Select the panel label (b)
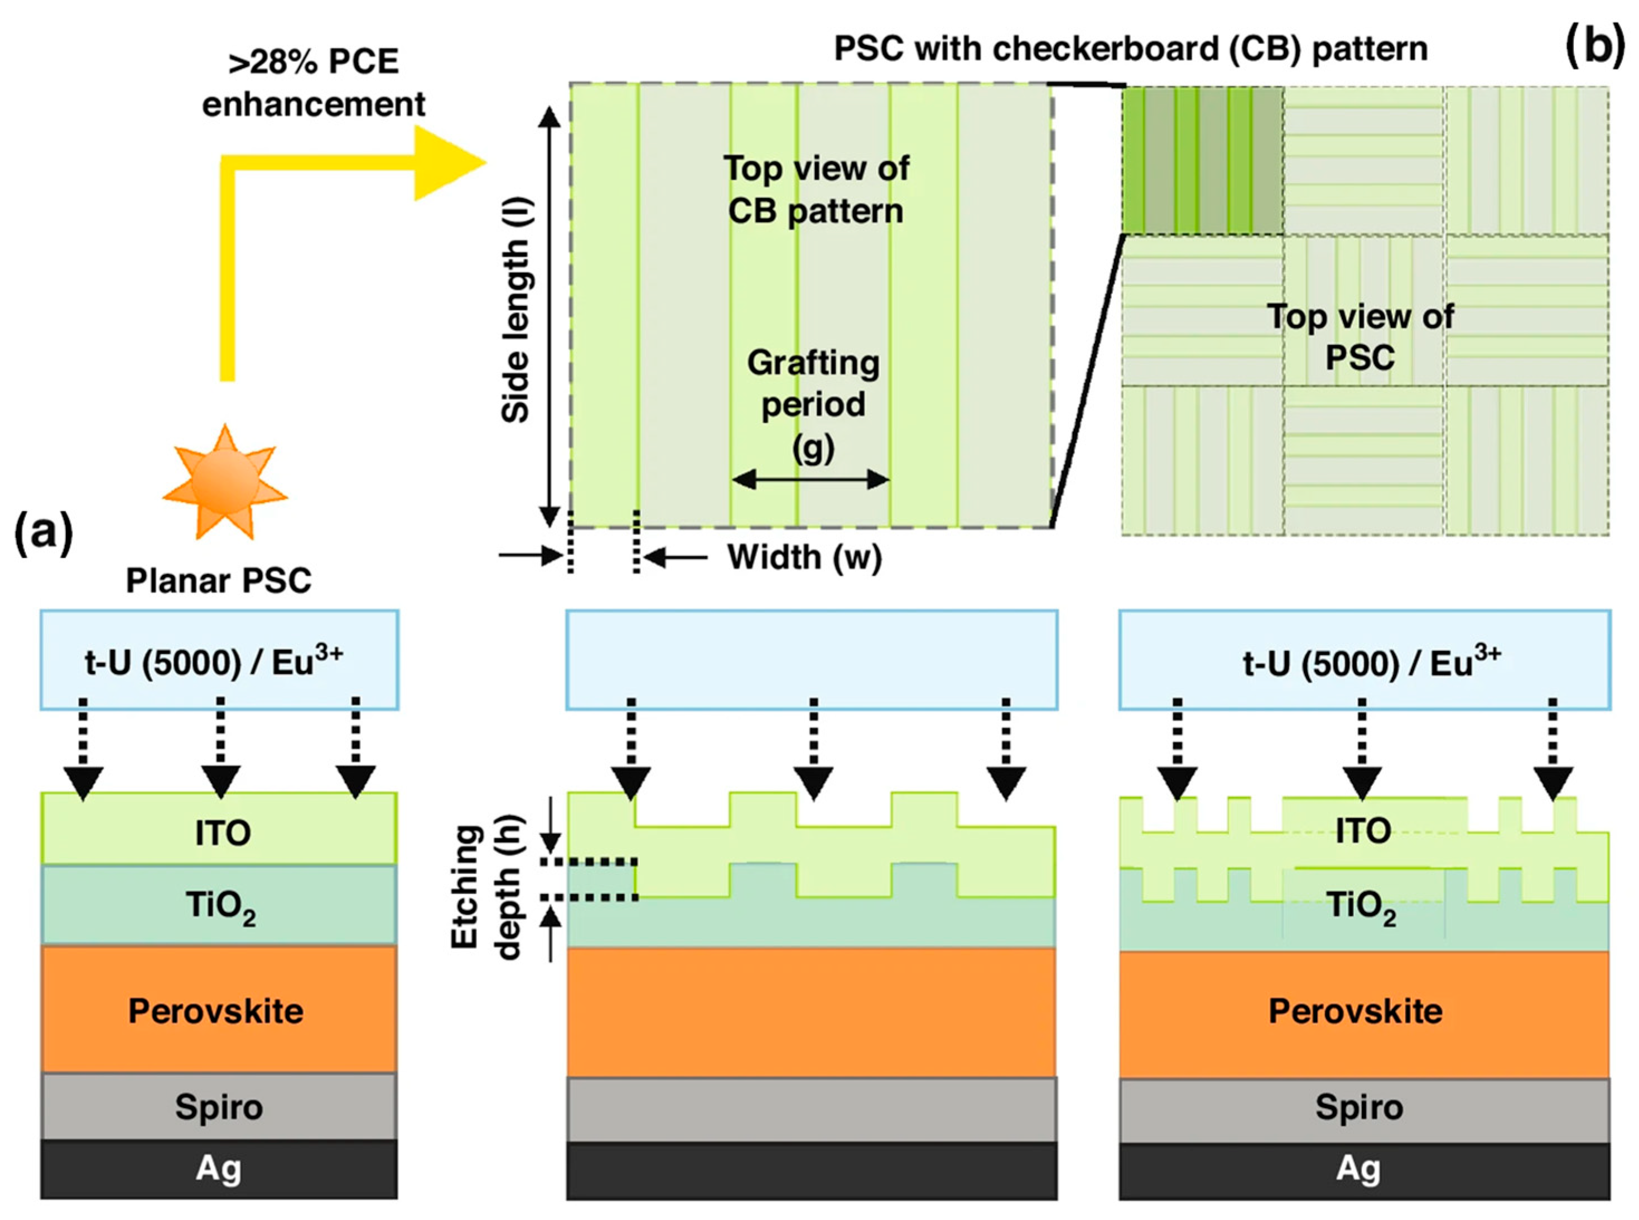pyautogui.click(x=1595, y=46)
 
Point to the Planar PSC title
pyautogui.click(x=219, y=581)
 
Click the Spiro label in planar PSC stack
pyautogui.click(x=219, y=1107)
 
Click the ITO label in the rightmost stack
pyautogui.click(x=1363, y=832)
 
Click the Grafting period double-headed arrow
pyautogui.click(x=810, y=479)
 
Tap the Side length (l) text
pyautogui.click(x=516, y=310)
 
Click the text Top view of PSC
pyautogui.click(x=1360, y=337)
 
